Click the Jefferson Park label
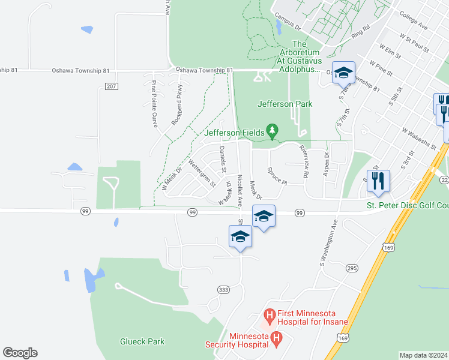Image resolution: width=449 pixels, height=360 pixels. (285, 104)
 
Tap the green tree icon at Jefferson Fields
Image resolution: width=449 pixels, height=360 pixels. (273, 130)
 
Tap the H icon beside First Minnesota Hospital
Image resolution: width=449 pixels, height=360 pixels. (270, 314)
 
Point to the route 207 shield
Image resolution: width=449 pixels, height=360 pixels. (110, 87)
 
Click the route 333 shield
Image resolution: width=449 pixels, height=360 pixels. (223, 289)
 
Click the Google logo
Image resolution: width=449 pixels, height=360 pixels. (20, 353)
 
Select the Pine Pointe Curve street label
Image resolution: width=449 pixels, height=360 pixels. (154, 104)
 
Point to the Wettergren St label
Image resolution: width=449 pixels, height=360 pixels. (202, 173)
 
